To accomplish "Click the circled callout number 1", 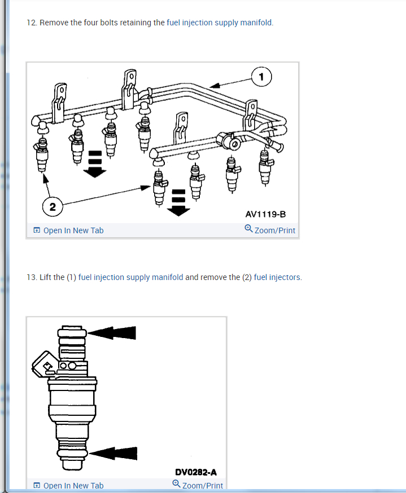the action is tap(261, 77).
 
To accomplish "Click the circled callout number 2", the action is tap(53, 207).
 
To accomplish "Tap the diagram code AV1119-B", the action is tap(265, 214).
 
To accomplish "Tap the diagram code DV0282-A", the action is tap(196, 472).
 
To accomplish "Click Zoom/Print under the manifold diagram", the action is tap(275, 230).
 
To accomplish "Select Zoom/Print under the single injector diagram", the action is tap(202, 486).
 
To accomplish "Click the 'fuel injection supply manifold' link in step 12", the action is tap(219, 23).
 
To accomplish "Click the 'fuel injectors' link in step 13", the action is tap(277, 277).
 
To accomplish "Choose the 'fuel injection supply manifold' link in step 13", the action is tap(130, 277).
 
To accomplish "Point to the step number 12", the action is tap(32, 23).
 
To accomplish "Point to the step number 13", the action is tap(32, 277).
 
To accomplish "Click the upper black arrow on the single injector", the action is tap(112, 333).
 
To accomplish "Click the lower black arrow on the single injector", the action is tap(113, 453).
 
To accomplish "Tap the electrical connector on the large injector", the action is tap(45, 365).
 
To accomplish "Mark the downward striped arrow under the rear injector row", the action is tap(94, 164).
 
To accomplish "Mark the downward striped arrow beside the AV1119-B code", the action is tap(178, 203).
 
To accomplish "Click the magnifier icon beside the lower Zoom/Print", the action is tap(177, 484).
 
